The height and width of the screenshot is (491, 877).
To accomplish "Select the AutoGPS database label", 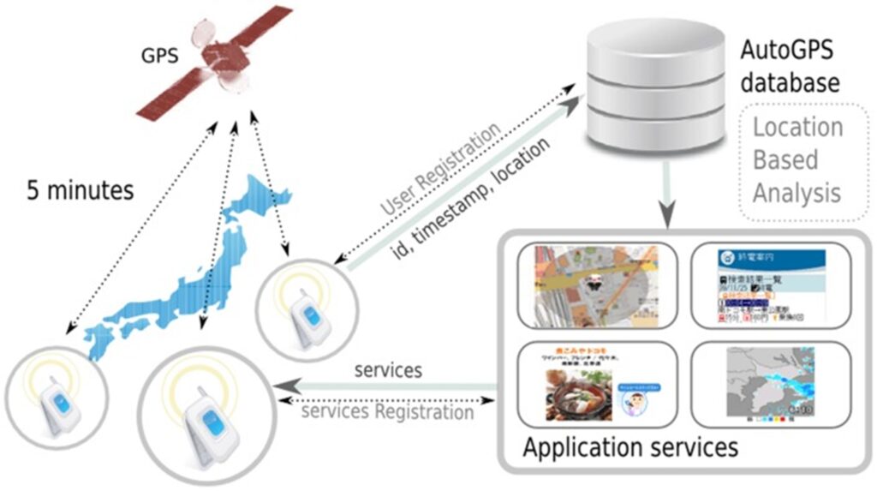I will (790, 68).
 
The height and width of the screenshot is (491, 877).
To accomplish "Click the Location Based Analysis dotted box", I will (798, 160).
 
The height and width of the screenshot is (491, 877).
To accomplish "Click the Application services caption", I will (630, 448).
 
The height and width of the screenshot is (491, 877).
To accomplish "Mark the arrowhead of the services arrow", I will (284, 386).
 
